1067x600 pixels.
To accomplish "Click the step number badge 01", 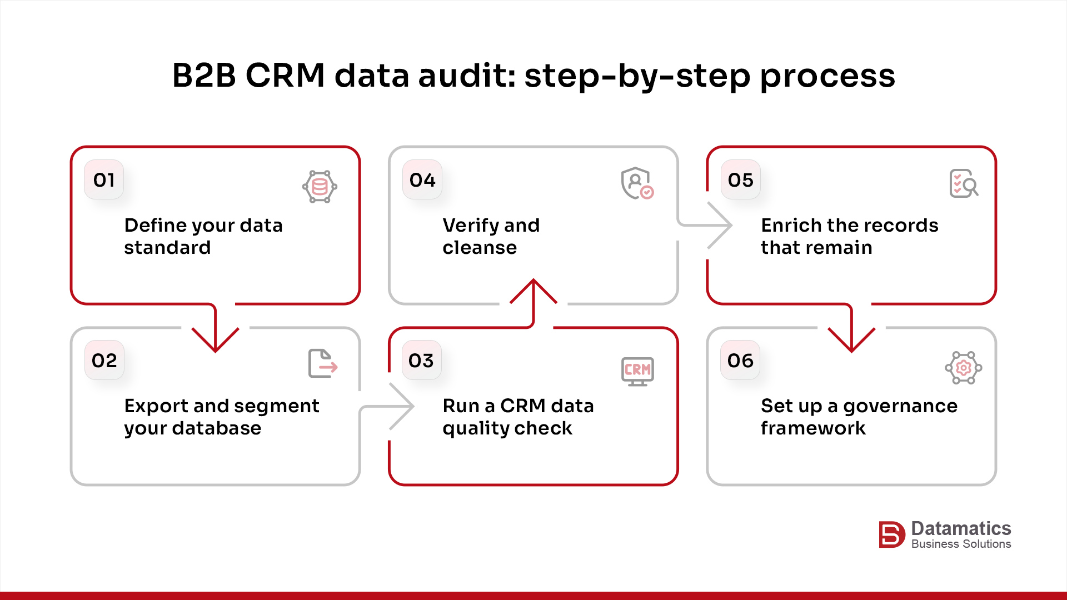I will pos(104,179).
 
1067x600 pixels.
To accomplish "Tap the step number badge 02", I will pos(104,360).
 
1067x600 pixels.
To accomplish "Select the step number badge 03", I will pos(421,360).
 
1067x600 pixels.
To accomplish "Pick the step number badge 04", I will pos(422,179).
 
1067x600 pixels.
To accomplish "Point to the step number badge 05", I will pos(740,179).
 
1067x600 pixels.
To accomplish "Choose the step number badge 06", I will pos(740,360).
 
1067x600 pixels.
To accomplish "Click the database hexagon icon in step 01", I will pos(320,186).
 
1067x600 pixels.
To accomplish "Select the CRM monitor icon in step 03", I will pos(637,371).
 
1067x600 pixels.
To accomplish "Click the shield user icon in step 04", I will pos(637,183).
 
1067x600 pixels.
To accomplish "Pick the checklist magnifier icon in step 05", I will pos(964,183).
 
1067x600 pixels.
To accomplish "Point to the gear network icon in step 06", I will pos(963,367).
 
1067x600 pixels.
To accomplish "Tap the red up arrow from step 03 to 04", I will pos(533,294).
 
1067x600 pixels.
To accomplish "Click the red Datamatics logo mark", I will pos(891,534).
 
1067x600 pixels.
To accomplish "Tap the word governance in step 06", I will pos(900,406).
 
